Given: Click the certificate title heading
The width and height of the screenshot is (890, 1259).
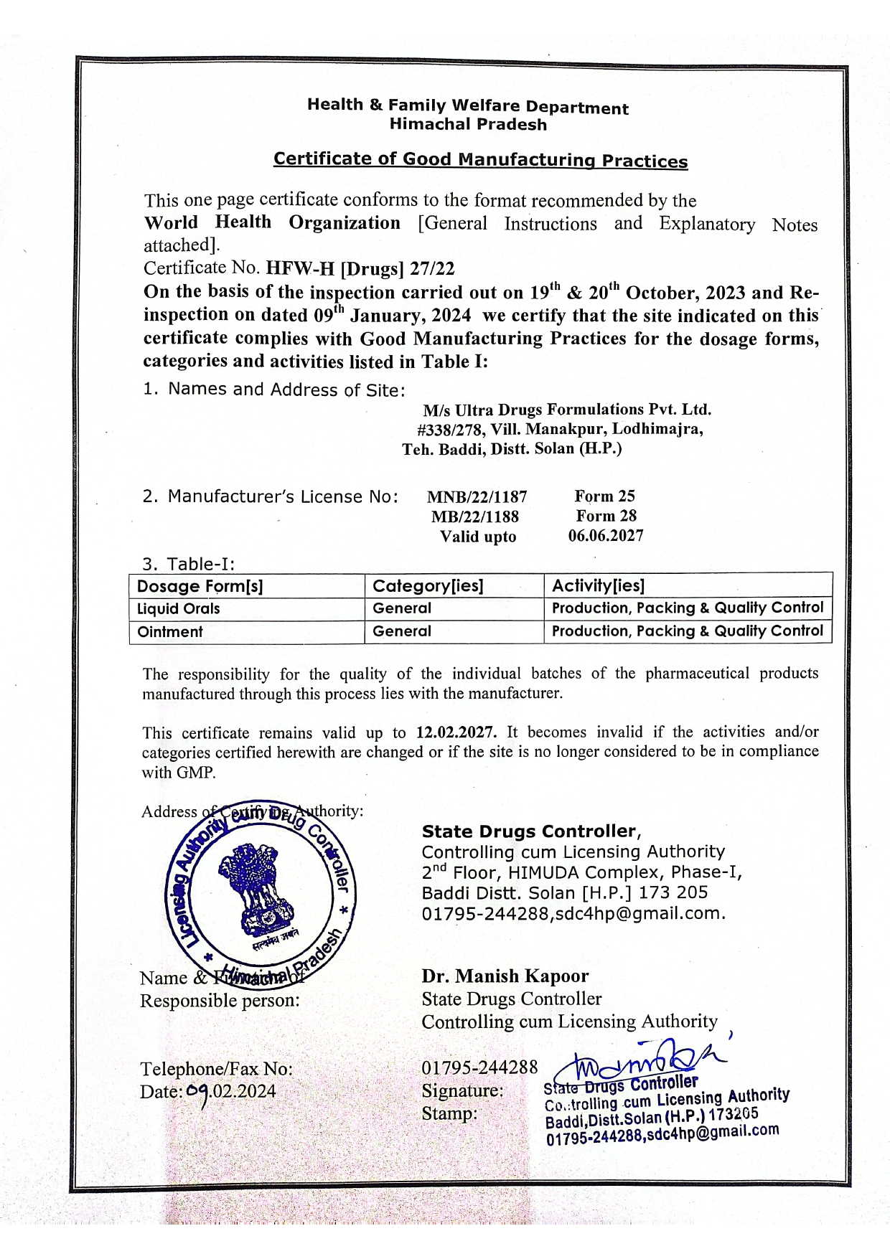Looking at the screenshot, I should coord(480,159).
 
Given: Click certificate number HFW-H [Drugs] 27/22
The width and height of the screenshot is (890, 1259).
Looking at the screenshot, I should coord(360,268).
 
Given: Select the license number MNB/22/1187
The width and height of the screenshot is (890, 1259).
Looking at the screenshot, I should coord(477,496).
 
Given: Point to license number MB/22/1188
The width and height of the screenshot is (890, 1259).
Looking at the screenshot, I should coord(474,517).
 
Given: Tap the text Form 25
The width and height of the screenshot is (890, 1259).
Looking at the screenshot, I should coord(604,496).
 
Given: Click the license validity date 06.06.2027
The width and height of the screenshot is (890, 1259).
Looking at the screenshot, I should coord(606,535).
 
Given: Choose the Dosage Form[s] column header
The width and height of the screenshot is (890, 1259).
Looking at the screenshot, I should coord(200,586).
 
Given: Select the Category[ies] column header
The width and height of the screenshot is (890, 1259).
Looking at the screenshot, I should coord(428,586).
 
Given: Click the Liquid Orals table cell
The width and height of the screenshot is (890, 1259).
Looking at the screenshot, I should coord(179,608).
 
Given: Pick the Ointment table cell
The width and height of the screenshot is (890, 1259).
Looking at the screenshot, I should coord(170,632).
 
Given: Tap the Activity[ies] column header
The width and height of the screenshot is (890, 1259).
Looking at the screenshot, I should coord(598,585).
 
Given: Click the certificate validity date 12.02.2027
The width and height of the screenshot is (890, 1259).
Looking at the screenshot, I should coord(456,732).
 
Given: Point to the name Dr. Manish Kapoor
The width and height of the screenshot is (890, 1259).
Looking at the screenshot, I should coord(505,976).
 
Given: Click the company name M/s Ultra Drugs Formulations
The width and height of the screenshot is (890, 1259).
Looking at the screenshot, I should coord(567,410).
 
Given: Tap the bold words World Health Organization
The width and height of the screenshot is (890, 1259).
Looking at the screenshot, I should coord(272,222).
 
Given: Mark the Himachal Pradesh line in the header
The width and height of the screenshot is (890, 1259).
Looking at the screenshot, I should coord(468,124).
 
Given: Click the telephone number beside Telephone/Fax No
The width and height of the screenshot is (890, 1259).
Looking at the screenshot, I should coord(479,1067).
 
